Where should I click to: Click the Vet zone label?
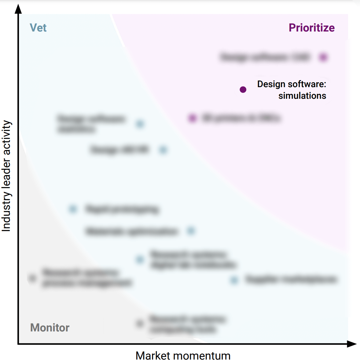tap(38, 28)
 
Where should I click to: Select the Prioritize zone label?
tap(311, 28)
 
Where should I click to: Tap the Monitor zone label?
tap(50, 328)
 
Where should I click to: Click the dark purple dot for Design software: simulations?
tap(243, 90)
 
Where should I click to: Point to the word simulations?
tap(302, 96)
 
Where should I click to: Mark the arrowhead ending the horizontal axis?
tap(352, 344)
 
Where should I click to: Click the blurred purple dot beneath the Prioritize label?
tap(323, 57)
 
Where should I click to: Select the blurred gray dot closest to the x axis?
tap(140, 323)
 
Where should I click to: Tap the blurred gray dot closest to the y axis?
tap(32, 278)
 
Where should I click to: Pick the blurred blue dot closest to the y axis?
tap(73, 209)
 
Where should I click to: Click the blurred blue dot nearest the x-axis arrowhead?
tap(234, 280)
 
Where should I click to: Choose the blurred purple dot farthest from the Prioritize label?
tap(192, 118)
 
